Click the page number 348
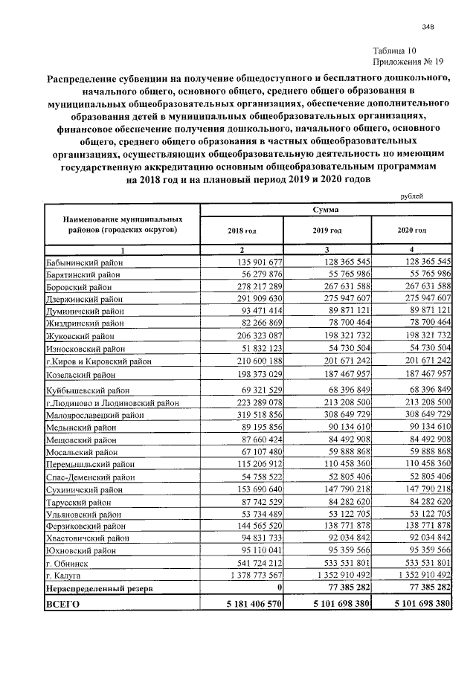tap(427, 27)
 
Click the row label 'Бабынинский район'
tap(83, 262)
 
